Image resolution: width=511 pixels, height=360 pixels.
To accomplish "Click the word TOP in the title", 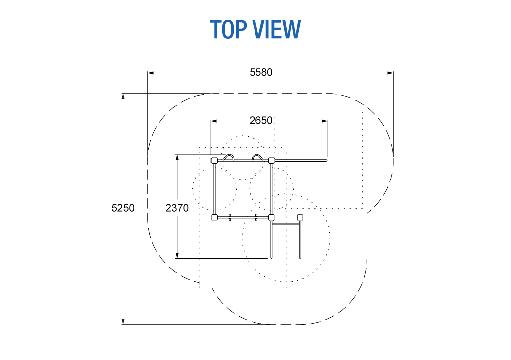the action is click(x=228, y=29).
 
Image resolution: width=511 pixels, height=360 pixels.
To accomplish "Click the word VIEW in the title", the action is click(x=277, y=29).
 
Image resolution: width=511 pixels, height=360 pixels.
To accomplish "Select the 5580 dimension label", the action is click(x=260, y=72).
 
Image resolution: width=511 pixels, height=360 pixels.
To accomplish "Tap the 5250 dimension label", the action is click(x=123, y=208).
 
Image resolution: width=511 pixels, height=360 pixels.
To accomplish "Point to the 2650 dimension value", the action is click(x=260, y=121).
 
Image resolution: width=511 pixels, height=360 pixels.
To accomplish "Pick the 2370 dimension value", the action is click(x=177, y=208).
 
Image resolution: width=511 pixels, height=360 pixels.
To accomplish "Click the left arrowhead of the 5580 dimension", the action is click(x=151, y=73).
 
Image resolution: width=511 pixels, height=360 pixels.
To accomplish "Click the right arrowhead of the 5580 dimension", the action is click(x=390, y=73).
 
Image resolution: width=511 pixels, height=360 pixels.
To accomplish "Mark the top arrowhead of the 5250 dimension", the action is click(x=123, y=97).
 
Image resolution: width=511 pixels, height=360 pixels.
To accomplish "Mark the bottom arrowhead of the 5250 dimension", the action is click(x=123, y=321).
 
